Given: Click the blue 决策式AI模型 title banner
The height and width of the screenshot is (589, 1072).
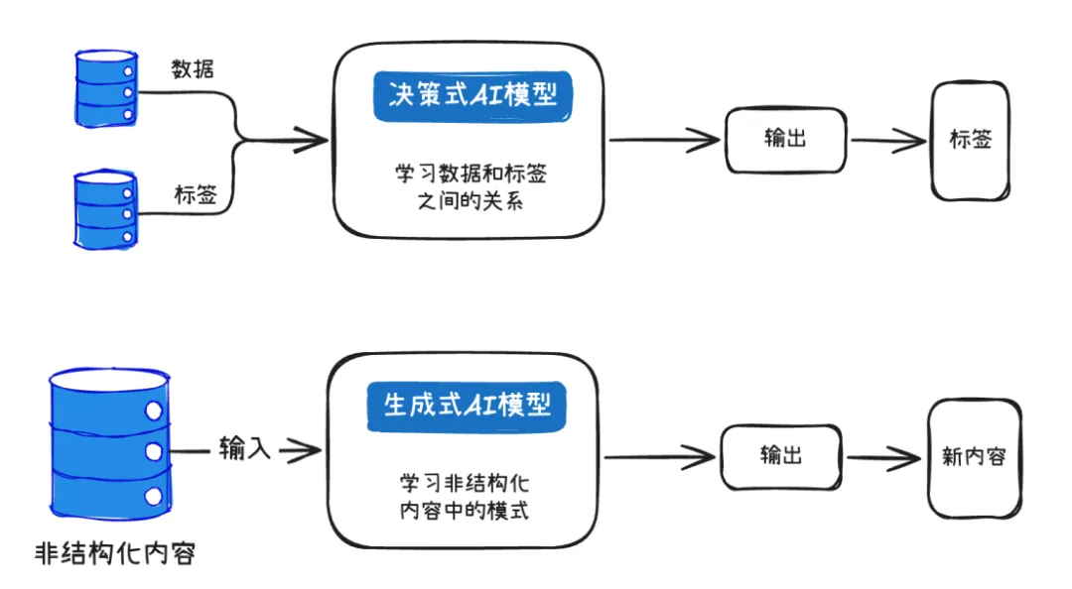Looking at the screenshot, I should click(473, 96).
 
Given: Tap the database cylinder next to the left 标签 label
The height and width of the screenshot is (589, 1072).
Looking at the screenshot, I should click(106, 209).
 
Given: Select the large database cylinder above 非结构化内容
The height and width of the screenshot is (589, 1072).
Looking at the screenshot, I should click(108, 449).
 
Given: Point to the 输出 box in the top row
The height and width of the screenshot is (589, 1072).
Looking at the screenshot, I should click(786, 138).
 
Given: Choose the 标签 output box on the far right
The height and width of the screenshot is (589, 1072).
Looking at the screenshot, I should click(970, 140).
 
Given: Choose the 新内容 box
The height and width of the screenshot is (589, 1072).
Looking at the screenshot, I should click(973, 457).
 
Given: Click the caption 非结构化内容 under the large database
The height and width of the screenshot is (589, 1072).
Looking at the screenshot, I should click(114, 552).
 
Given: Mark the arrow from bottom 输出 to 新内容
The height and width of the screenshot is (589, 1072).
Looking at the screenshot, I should click(882, 458).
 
